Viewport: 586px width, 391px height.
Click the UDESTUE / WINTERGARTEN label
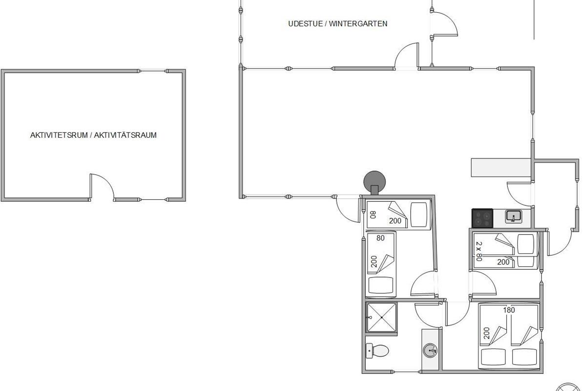click(x=337, y=24)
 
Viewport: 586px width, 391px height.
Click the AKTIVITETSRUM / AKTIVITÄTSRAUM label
click(x=93, y=135)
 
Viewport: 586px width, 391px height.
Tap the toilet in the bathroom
click(x=377, y=350)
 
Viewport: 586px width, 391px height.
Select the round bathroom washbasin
click(x=430, y=350)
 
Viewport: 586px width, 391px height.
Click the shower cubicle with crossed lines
click(x=381, y=317)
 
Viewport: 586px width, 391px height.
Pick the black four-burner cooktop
click(x=482, y=218)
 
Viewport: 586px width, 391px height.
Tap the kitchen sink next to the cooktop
click(x=514, y=216)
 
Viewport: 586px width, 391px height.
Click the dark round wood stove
click(x=375, y=182)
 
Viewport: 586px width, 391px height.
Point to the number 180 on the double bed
click(x=509, y=310)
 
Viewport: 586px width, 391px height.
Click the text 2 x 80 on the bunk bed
click(x=479, y=251)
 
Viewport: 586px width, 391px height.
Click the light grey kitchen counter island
click(x=501, y=167)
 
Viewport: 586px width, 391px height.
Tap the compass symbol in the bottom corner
click(x=567, y=387)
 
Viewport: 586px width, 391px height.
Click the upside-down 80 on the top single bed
click(x=373, y=215)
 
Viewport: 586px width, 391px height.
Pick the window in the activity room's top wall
click(x=153, y=71)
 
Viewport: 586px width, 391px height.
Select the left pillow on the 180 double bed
click(x=492, y=357)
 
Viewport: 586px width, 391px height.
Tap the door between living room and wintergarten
click(x=406, y=56)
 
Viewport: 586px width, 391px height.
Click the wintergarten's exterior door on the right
click(x=444, y=23)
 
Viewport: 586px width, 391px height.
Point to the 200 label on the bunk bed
click(x=503, y=262)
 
